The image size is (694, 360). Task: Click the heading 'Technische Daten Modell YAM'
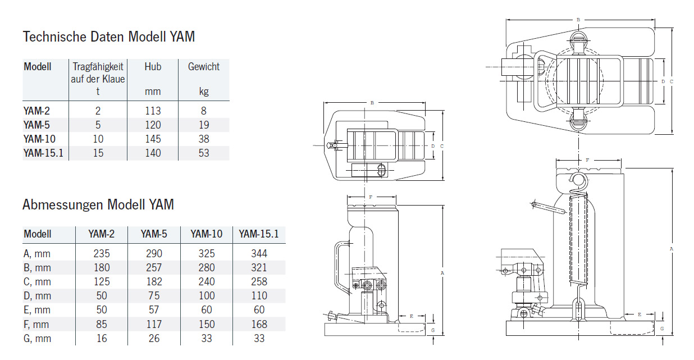108,37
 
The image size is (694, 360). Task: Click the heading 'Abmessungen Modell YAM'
98,204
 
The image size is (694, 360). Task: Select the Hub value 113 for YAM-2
152,111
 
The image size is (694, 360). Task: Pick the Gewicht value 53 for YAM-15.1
203,153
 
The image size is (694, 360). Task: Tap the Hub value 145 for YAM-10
152,139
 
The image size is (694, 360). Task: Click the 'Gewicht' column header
203,67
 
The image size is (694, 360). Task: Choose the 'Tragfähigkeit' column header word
98,67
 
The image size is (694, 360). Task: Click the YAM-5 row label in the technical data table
36,125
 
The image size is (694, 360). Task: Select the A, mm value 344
259,253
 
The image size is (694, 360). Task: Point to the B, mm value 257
153,267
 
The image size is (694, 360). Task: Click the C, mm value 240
207,281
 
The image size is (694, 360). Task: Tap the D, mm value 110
259,296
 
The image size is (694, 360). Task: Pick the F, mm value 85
102,324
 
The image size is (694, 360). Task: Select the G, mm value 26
153,338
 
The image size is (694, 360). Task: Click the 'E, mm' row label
37,310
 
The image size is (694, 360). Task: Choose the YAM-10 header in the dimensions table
207,234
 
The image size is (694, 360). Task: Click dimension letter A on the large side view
672,247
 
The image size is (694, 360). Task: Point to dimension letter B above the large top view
578,20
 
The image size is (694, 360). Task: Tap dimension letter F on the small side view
371,197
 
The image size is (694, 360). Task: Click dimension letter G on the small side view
433,331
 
